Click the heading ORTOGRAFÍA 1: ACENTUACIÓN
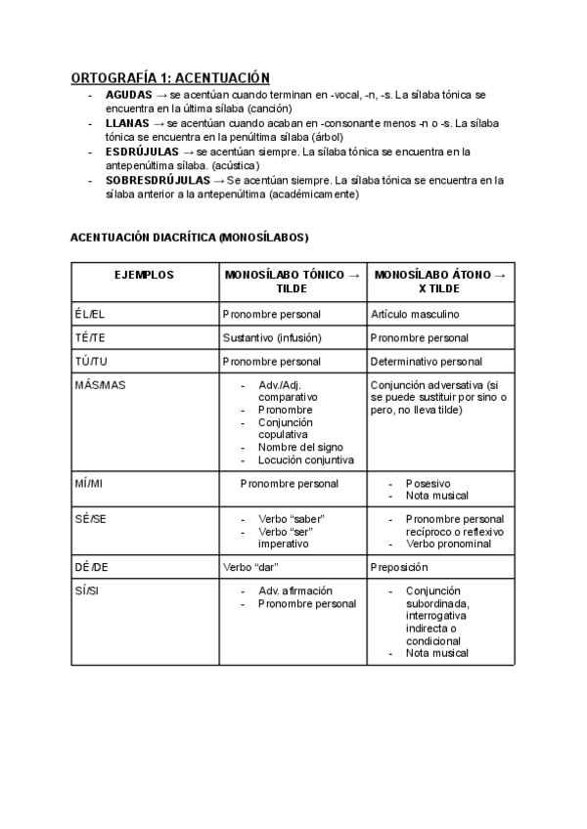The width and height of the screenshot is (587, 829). (170, 77)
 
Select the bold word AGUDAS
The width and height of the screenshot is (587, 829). (126, 95)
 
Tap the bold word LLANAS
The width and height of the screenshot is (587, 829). (126, 124)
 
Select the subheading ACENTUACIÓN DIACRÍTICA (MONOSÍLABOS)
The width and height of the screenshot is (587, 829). (190, 238)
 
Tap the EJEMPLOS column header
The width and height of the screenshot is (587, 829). (145, 276)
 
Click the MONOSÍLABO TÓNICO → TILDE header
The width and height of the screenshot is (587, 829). (292, 283)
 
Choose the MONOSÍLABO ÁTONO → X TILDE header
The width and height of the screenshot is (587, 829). (439, 283)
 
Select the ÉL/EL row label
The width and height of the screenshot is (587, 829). (88, 315)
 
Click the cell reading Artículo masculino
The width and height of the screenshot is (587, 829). (415, 315)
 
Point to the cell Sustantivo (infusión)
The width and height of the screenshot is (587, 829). (272, 338)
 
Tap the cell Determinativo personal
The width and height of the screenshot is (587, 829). (427, 362)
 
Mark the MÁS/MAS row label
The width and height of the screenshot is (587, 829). (100, 385)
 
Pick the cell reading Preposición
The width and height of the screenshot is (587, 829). (400, 566)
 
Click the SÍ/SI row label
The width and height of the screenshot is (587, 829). (86, 590)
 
